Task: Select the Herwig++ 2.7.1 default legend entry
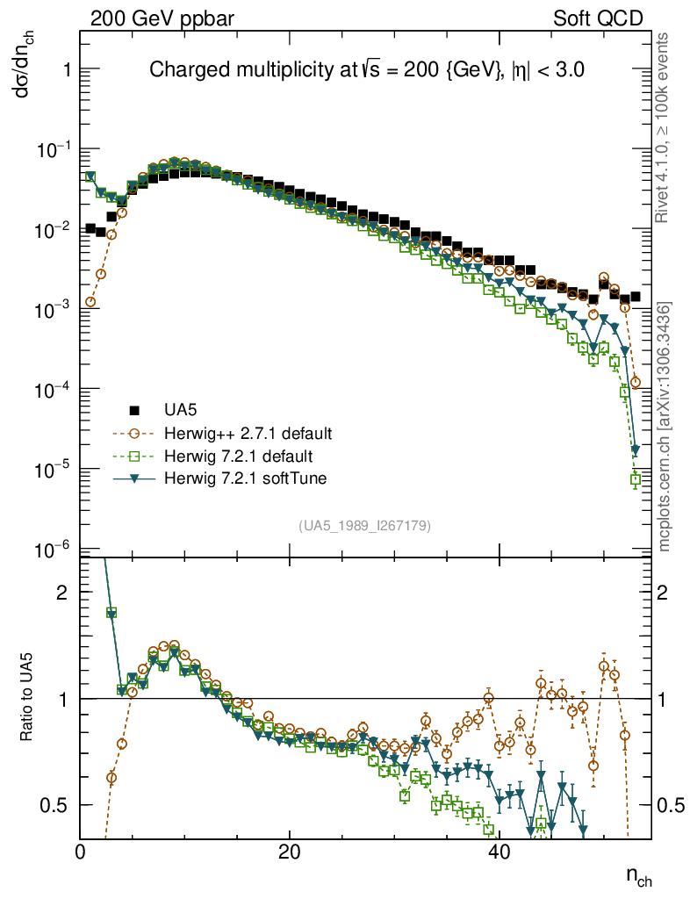coord(248,434)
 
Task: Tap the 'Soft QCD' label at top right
coord(597,18)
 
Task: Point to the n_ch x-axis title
coord(638,877)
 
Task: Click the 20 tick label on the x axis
coord(289,852)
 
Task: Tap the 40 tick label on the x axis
coord(498,852)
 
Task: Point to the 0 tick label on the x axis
coord(81,852)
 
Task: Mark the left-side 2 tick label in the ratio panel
coord(61,592)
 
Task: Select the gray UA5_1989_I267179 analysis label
coord(364,526)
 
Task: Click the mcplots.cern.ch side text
coord(665,428)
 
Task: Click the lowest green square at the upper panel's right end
coord(636,480)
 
